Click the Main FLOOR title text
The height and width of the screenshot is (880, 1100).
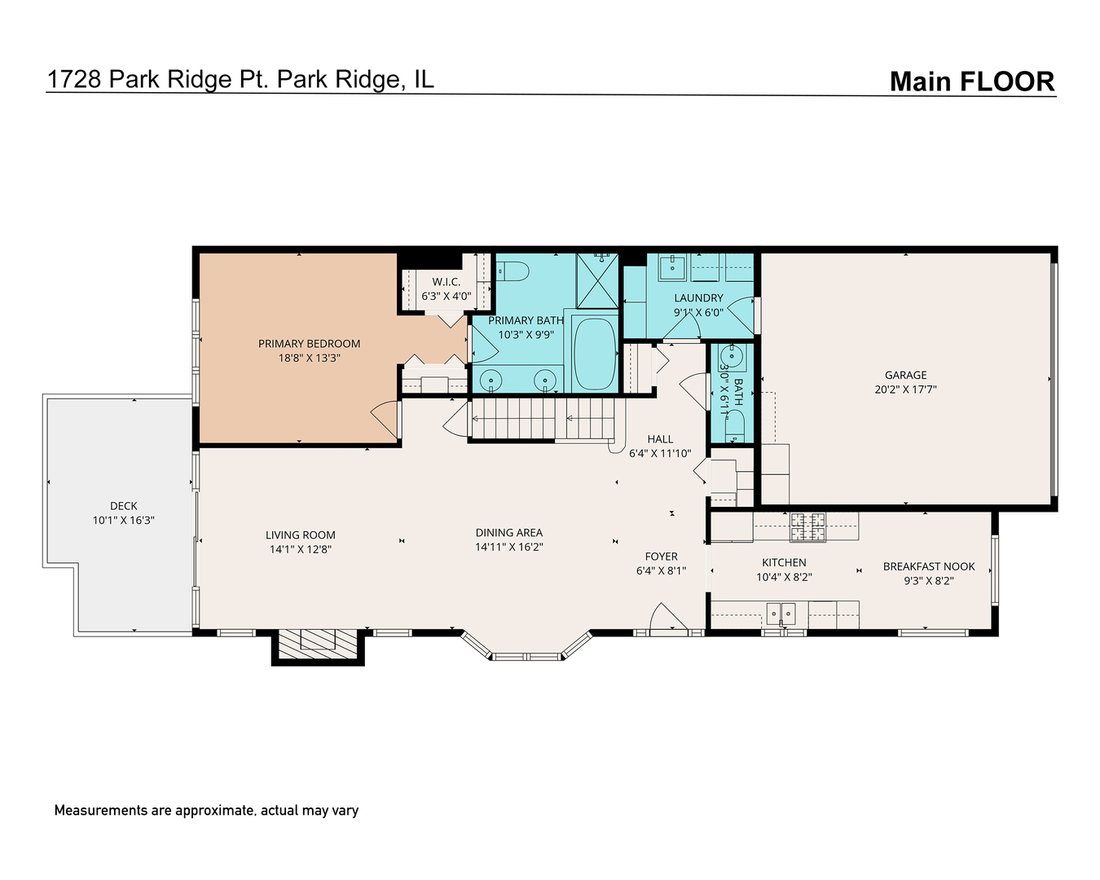click(971, 81)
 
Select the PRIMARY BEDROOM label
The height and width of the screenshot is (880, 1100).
click(309, 344)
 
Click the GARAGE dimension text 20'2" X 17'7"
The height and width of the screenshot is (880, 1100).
click(905, 389)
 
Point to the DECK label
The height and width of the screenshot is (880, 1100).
click(124, 506)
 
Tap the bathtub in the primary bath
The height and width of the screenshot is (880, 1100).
click(594, 354)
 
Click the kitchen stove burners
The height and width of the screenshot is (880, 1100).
click(807, 526)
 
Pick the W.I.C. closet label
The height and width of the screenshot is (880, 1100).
click(446, 282)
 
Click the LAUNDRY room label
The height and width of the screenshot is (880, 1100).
click(698, 298)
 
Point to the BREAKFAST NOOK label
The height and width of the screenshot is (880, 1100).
click(929, 566)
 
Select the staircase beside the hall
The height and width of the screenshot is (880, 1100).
click(542, 418)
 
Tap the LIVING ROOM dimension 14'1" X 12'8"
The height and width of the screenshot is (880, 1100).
click(301, 549)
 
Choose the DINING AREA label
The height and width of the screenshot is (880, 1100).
click(509, 533)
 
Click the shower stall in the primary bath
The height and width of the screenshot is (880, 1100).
click(597, 279)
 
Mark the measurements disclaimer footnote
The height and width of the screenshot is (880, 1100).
click(206, 810)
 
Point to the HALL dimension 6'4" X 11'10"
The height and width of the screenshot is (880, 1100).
click(660, 454)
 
